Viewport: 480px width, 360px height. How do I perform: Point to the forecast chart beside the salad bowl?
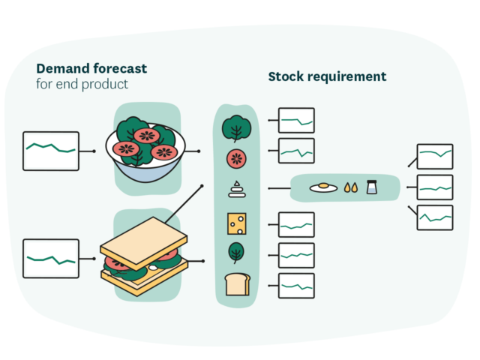(x=51, y=151)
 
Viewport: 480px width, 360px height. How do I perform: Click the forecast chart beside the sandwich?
(x=51, y=258)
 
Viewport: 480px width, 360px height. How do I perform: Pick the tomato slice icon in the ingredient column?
(x=237, y=158)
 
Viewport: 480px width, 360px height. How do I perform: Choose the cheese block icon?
(x=237, y=223)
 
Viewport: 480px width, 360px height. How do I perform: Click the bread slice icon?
(x=236, y=285)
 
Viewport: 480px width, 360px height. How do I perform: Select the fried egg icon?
(x=322, y=187)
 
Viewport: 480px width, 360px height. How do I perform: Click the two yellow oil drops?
(x=350, y=188)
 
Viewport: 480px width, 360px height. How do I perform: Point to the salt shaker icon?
(x=371, y=187)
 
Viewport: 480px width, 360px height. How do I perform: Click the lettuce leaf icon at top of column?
(x=236, y=128)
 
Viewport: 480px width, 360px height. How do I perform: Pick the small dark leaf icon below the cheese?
(x=236, y=253)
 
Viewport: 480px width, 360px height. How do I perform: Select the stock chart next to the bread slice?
(x=296, y=285)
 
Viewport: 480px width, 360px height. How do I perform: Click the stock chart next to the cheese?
(x=296, y=224)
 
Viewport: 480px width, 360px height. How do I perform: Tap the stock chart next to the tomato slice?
(x=296, y=151)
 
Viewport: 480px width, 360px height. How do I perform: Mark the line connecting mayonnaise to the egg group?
(x=278, y=187)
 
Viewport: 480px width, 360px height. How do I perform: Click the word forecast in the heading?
(x=120, y=68)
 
